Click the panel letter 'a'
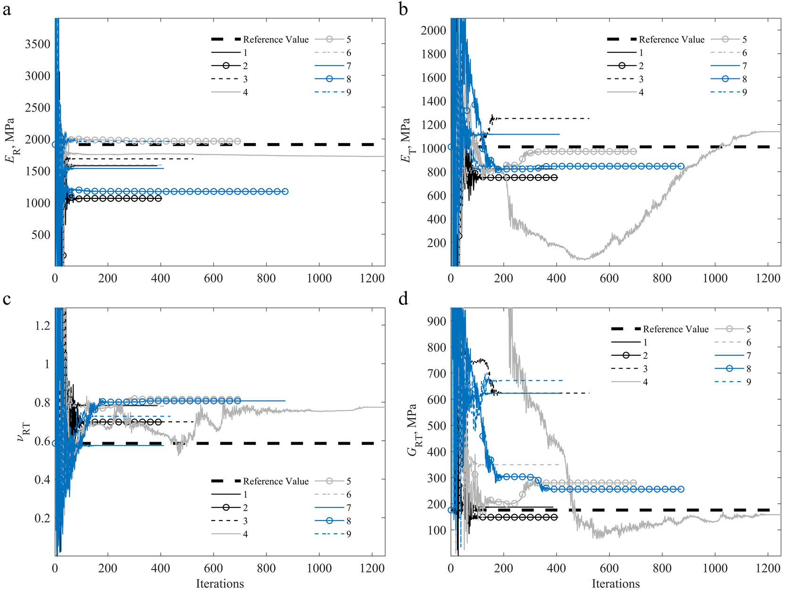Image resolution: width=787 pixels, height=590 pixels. tap(7, 9)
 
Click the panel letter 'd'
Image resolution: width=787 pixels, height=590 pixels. tap(403, 299)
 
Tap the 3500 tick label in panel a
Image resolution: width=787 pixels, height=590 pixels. tap(37, 44)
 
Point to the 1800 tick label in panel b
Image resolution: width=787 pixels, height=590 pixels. tap(433, 54)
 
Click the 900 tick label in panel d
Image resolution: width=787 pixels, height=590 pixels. tap(436, 321)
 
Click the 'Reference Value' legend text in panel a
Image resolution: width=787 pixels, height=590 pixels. tap(276, 40)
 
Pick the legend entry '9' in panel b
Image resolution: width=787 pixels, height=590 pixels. tap(745, 92)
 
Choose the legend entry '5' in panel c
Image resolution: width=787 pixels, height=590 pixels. tap(349, 481)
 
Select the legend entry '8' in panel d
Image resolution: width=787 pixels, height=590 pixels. tap(749, 368)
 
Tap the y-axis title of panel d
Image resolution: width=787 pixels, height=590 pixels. tap(412, 430)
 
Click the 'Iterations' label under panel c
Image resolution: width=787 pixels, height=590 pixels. tap(220, 583)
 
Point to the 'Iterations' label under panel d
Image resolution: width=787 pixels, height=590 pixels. tap(616, 583)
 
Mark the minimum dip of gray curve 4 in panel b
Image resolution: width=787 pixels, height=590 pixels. tap(584, 259)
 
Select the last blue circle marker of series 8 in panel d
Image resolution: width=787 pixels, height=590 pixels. tap(681, 489)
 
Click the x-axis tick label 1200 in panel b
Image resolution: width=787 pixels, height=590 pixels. tap(768, 278)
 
